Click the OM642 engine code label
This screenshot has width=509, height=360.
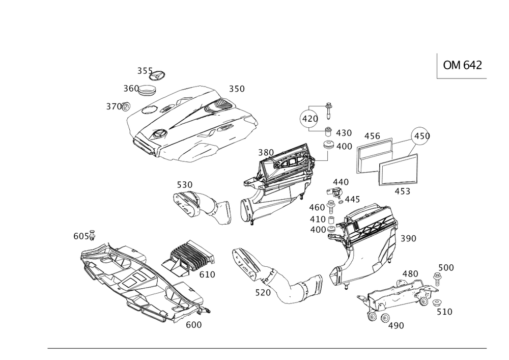462,65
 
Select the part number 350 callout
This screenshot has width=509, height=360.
236,89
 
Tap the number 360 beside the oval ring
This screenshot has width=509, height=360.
131,89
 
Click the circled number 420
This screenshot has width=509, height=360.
308,119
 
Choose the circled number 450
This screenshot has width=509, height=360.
422,136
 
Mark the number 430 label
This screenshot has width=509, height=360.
344,133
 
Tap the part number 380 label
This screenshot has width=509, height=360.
266,152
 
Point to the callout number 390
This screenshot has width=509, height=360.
408,238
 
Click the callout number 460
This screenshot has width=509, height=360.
316,207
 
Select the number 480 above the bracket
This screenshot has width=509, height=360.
410,273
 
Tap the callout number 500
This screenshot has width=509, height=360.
446,268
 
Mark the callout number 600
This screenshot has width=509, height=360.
193,324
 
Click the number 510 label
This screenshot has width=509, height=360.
444,311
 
